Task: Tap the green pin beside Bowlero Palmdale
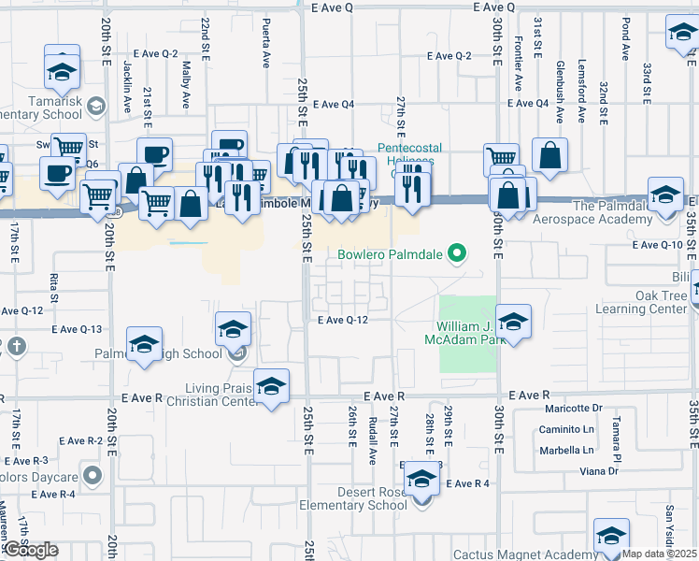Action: (457, 252)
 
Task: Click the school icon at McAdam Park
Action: (513, 324)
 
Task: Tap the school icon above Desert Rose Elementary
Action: (422, 482)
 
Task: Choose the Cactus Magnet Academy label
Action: (525, 554)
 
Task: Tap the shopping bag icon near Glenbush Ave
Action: (549, 156)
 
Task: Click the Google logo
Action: (31, 550)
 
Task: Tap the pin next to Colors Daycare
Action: (92, 477)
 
